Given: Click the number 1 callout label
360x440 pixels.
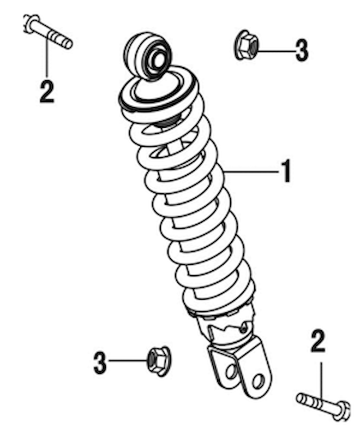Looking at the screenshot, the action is (286, 171).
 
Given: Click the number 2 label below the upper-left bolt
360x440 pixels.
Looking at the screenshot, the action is (46, 91).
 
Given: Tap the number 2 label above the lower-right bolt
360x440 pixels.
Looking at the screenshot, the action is (318, 341).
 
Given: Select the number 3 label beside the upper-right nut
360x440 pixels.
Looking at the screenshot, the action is (302, 51).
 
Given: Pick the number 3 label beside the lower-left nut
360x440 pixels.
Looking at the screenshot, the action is (100, 363).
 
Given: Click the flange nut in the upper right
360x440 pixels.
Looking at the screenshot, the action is (246, 45).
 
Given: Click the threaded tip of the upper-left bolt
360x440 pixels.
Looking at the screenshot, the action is (68, 44).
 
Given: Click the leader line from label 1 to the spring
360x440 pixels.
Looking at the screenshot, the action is (251, 171).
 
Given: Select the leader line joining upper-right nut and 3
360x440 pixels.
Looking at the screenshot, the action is (276, 51).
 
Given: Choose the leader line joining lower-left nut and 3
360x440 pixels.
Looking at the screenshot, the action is (128, 361).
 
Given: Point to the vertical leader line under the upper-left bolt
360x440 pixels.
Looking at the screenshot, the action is (46, 57).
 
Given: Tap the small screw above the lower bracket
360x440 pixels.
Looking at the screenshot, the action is (244, 329).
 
